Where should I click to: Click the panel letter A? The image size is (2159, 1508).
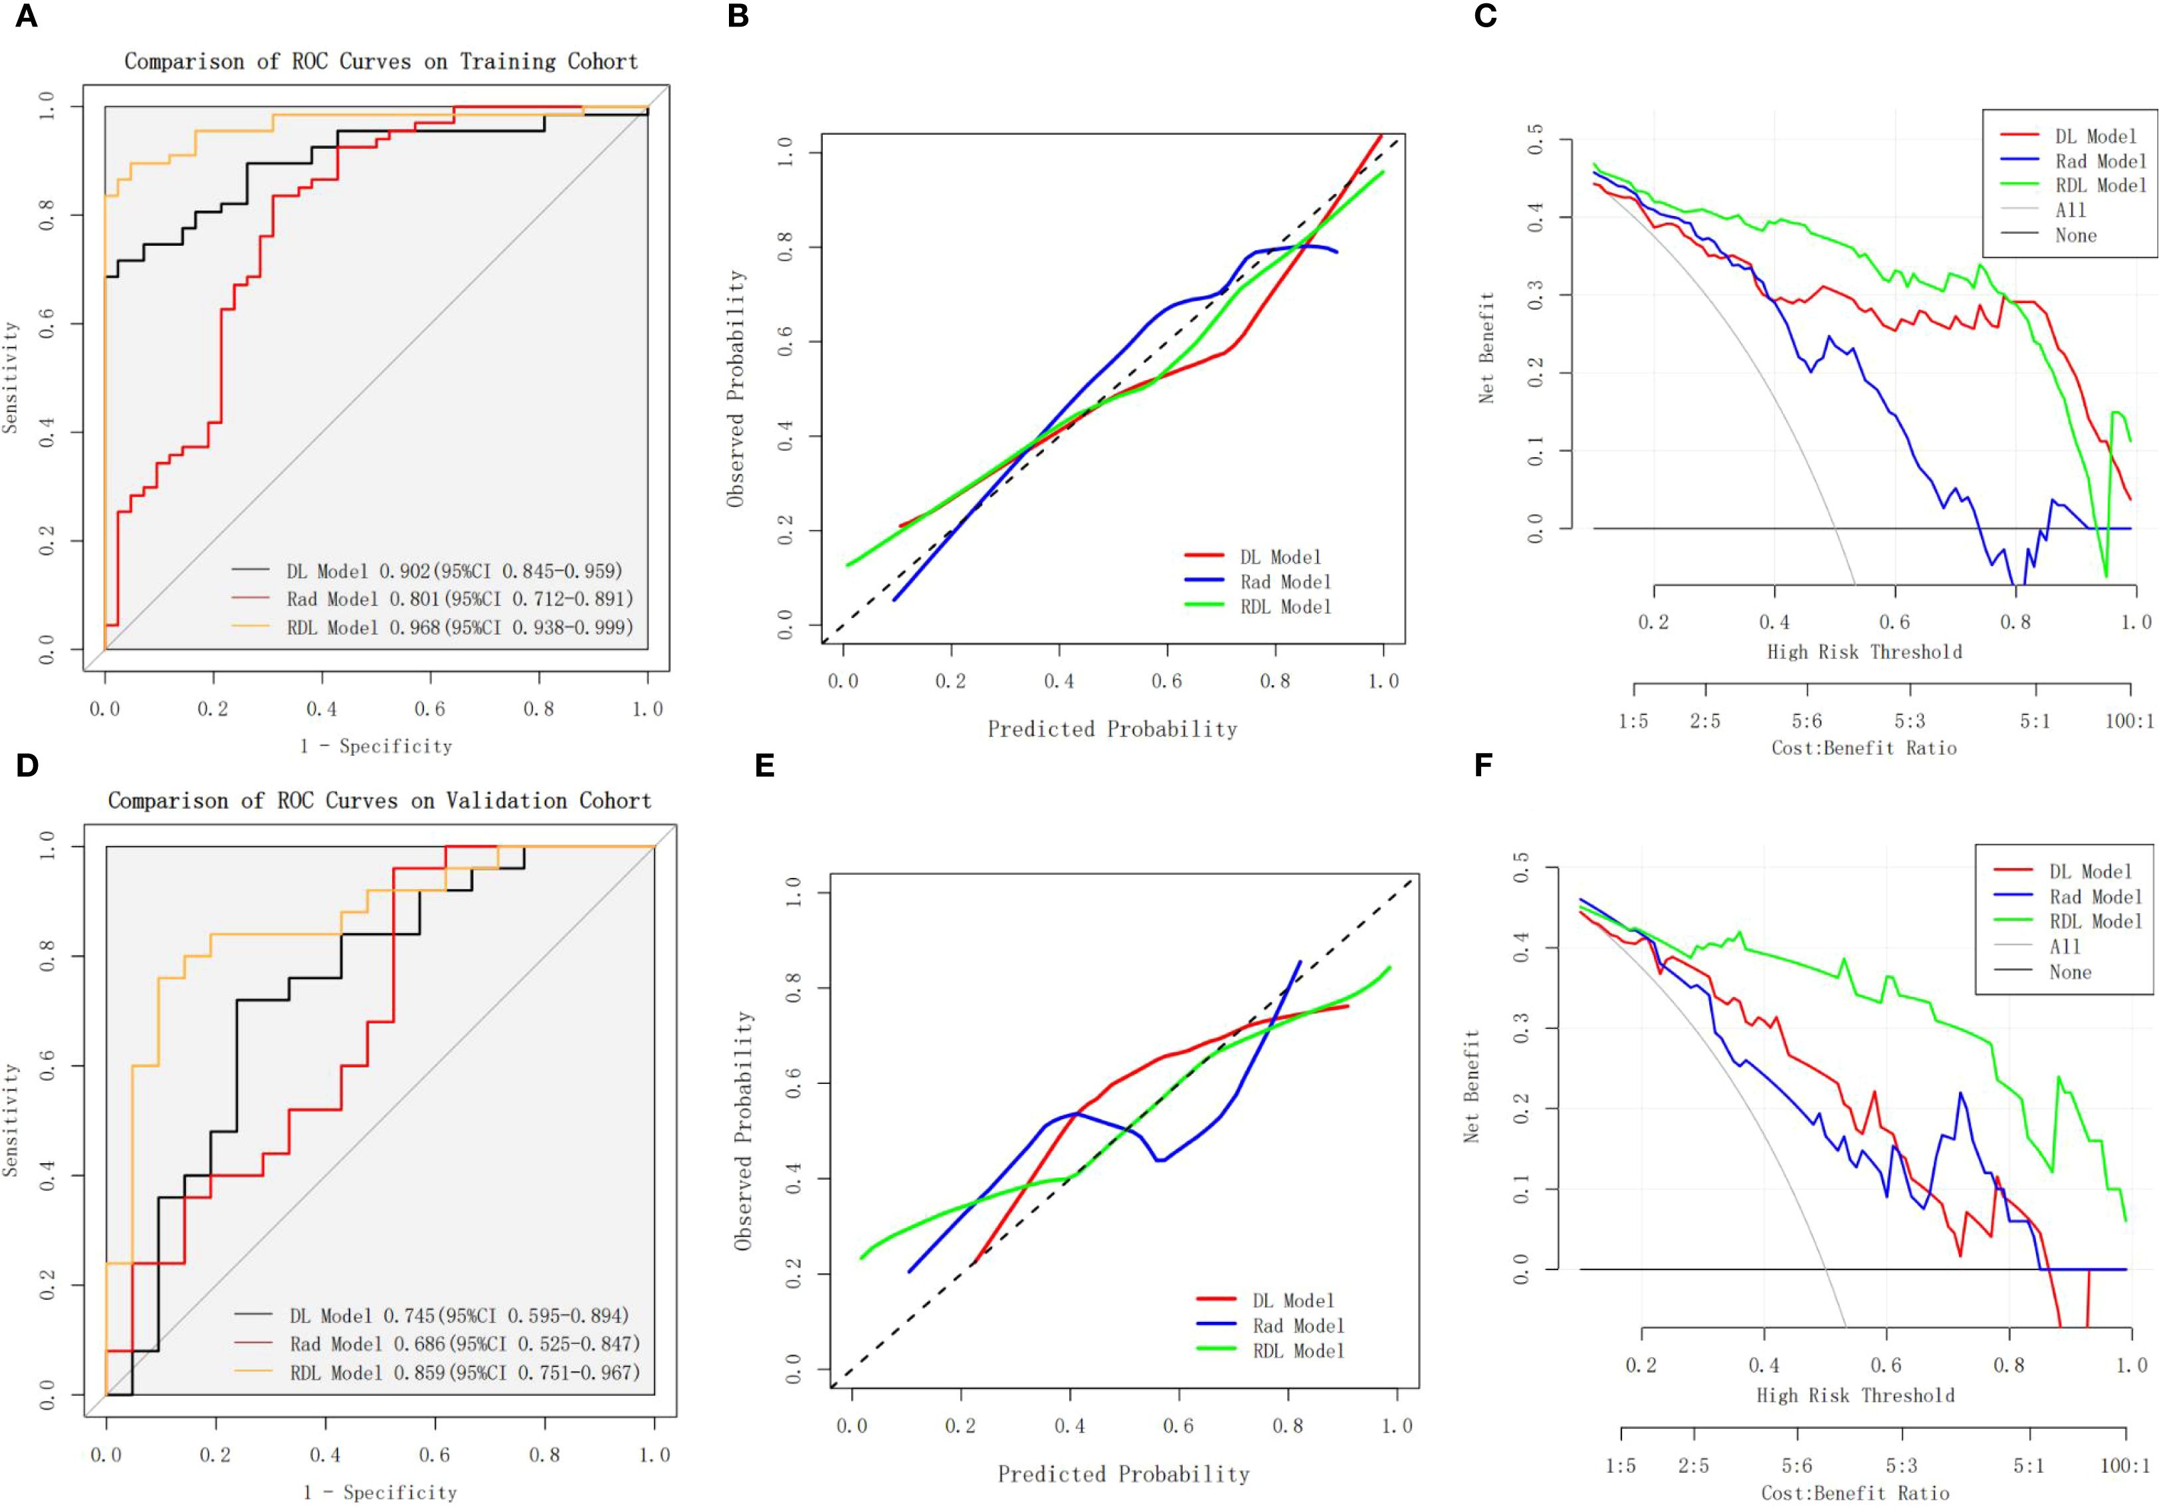click(x=27, y=16)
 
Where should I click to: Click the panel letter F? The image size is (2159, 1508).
click(x=1484, y=765)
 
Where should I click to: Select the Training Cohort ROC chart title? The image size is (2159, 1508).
click(x=381, y=62)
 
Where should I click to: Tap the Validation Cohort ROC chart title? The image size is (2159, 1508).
click(x=379, y=801)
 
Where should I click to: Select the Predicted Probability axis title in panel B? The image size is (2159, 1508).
click(x=1112, y=729)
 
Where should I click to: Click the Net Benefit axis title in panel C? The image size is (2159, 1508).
click(x=1486, y=348)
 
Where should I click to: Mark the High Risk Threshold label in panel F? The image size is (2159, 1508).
click(x=1855, y=1395)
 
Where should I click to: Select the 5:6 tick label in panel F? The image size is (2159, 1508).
click(x=1797, y=1465)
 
